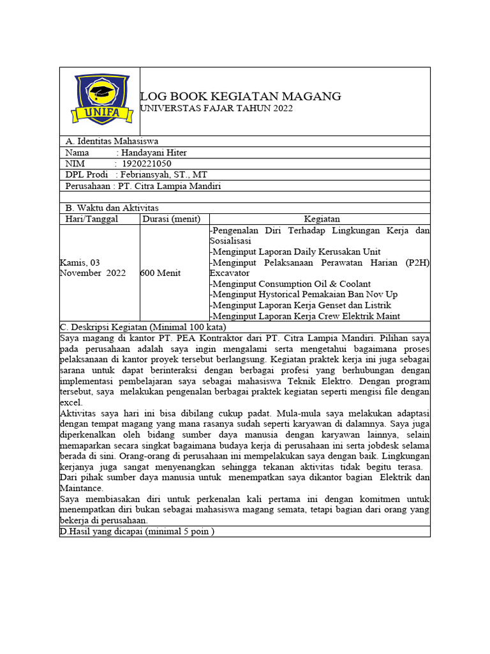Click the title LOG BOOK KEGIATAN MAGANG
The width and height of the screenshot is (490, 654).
click(241, 96)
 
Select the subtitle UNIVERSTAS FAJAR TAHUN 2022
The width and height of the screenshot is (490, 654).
click(216, 109)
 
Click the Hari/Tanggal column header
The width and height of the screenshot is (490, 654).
click(92, 219)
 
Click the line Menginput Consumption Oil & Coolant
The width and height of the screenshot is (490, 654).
click(290, 284)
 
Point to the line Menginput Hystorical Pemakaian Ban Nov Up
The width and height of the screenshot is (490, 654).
click(303, 294)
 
